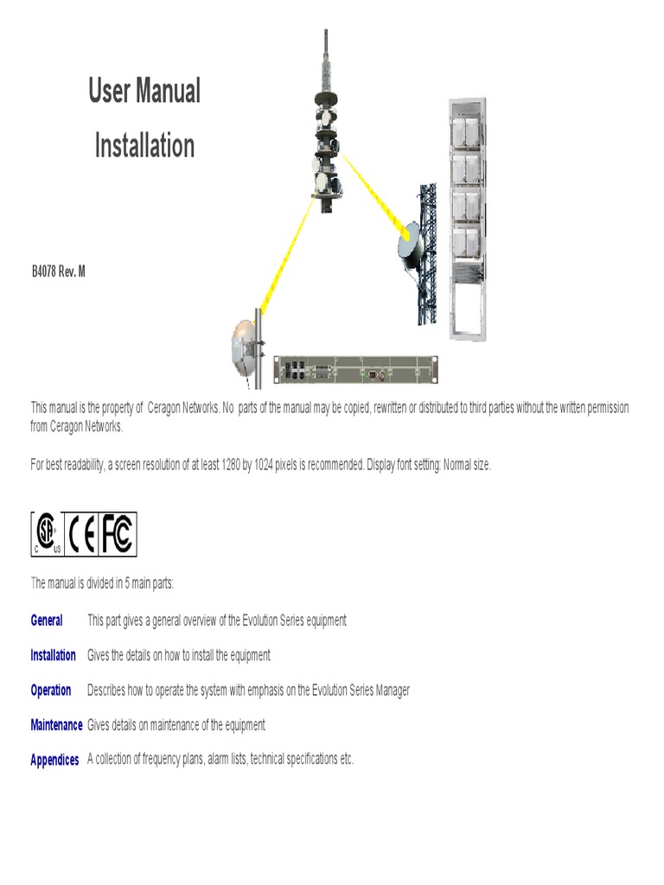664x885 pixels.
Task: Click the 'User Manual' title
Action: point(144,91)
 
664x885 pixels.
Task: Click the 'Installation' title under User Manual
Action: point(144,145)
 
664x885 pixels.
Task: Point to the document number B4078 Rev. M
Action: point(59,271)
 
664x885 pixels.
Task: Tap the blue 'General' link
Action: point(47,621)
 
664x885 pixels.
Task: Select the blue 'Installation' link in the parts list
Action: point(53,655)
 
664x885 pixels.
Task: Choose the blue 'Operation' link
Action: point(51,691)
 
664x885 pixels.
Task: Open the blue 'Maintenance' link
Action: point(56,725)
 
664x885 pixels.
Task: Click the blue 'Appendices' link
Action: point(54,761)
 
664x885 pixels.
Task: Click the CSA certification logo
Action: point(48,534)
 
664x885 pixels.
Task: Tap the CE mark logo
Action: point(83,534)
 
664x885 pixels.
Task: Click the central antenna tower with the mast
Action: point(327,138)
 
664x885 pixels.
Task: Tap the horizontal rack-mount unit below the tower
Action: point(355,369)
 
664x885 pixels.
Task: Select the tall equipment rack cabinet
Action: point(467,216)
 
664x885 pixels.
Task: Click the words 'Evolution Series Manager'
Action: point(354,691)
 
